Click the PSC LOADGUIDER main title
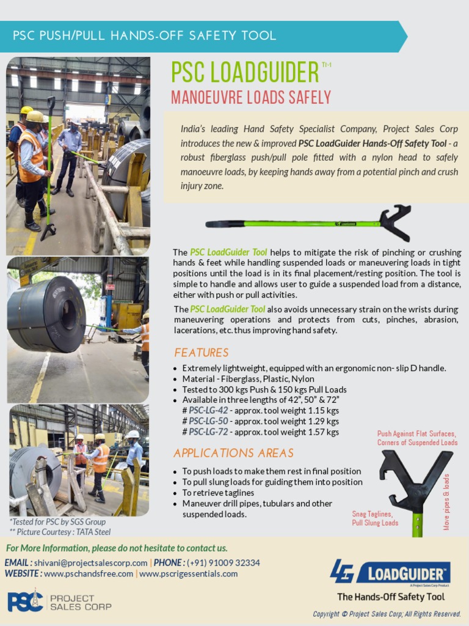(x=245, y=73)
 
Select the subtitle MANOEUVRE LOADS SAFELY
(x=251, y=98)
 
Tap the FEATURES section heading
(x=201, y=353)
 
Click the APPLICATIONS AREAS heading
(x=233, y=453)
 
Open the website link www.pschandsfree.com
(x=89, y=574)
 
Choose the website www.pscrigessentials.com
(x=189, y=574)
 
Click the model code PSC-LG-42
(x=208, y=411)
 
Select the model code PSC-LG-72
(x=208, y=432)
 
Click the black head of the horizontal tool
(x=394, y=223)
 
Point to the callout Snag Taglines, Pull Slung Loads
(x=375, y=518)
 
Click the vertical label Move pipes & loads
(x=447, y=501)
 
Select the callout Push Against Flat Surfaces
(x=416, y=434)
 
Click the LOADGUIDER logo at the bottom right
(x=390, y=573)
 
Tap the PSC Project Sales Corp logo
(x=59, y=602)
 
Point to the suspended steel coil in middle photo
(x=47, y=314)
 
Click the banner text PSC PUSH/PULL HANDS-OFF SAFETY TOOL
(x=145, y=35)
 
